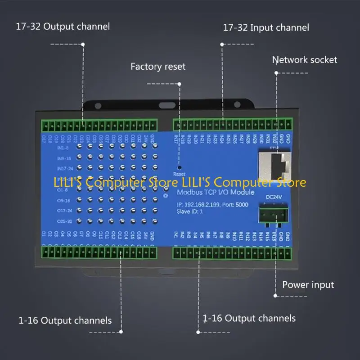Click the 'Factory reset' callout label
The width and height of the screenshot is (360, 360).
[158, 67]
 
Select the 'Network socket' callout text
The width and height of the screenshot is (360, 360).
[304, 60]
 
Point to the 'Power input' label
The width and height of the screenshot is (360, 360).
[308, 284]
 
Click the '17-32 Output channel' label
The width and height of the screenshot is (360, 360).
[63, 26]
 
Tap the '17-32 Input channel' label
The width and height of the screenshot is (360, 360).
[266, 27]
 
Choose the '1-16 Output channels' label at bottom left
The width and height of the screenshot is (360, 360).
[65, 320]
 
